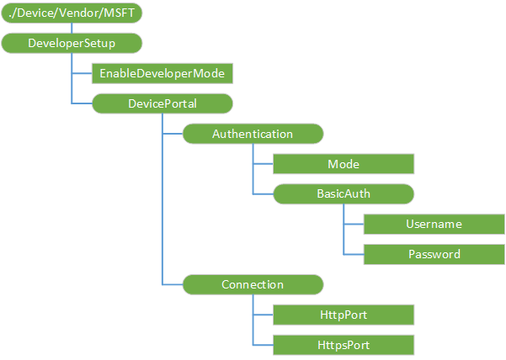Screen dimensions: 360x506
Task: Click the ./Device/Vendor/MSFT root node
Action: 71,13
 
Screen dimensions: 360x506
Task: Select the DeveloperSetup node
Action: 71,42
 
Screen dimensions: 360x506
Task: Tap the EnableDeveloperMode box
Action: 162,73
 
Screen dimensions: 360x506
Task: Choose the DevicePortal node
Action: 162,103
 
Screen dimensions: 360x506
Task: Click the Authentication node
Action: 253,134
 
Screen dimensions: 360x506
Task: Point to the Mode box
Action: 344,163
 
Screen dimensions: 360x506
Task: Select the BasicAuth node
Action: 344,193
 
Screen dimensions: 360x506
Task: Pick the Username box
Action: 434,224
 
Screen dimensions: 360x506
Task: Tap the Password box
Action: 434,253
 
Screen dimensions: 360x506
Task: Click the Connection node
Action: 253,284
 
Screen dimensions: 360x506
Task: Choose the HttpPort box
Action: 344,315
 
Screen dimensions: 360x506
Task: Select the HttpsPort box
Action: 344,345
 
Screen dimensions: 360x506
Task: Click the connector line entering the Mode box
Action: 263,164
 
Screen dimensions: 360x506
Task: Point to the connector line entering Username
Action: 354,225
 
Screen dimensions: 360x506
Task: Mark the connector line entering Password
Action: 354,254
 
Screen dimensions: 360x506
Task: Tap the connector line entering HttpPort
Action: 263,315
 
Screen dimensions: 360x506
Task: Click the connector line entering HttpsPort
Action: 263,345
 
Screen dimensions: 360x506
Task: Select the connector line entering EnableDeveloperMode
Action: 82,73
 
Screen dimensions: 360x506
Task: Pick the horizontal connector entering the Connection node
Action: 173,284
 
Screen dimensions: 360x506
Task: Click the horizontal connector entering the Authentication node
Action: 173,134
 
